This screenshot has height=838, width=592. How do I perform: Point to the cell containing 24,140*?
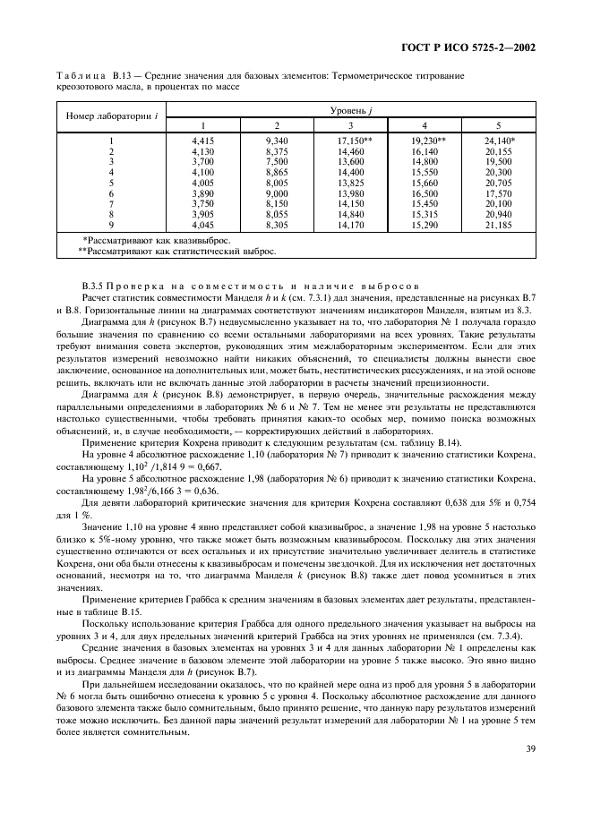[499, 141]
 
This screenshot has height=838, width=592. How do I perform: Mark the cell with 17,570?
[498, 193]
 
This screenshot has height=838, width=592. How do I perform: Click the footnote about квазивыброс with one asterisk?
[156, 240]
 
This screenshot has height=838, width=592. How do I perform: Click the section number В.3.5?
[91, 284]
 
